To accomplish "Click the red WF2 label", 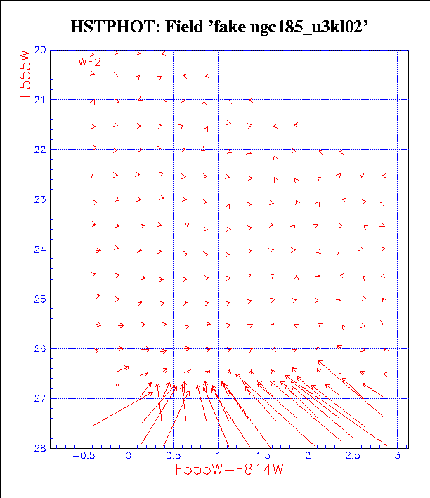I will (x=90, y=62).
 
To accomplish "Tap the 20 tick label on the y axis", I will (x=39, y=50).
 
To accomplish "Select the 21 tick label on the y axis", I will (x=39, y=100).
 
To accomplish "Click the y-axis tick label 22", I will (x=39, y=150).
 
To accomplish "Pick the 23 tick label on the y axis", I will (x=39, y=199).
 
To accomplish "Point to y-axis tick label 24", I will (x=39, y=249).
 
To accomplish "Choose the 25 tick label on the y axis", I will (x=39, y=299).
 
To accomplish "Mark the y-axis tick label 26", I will (x=39, y=349).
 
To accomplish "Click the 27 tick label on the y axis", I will (x=39, y=399).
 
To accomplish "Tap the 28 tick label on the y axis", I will (x=39, y=448).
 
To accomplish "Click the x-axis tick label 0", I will (x=129, y=456).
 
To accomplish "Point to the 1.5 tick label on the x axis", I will (x=263, y=456).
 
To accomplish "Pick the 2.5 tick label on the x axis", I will (x=353, y=456).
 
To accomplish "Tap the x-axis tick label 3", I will (x=398, y=456).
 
